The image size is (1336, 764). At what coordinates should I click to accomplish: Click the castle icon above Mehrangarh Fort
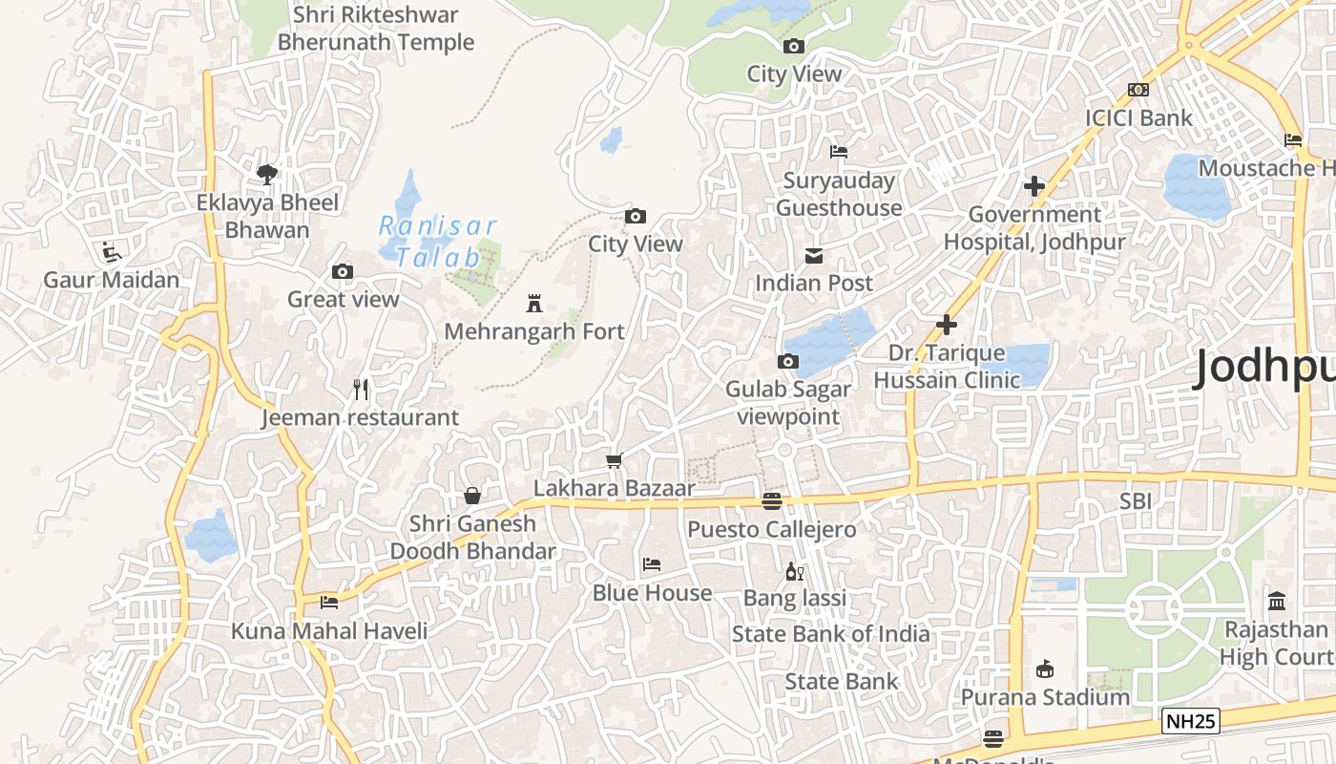point(534,305)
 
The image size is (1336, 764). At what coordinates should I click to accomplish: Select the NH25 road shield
point(1191,721)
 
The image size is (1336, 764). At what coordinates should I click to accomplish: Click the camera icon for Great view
point(343,272)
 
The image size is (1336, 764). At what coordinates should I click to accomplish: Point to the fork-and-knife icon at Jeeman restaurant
point(361,390)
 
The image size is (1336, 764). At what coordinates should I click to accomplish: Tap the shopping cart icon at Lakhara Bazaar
point(615,461)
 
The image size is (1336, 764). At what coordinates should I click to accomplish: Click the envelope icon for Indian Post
point(814,256)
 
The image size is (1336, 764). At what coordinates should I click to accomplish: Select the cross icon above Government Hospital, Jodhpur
point(1034,186)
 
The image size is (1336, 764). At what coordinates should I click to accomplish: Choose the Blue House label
point(652,593)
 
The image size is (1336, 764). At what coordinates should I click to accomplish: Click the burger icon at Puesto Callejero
point(772,501)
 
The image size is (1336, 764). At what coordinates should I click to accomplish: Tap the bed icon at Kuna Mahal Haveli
point(329,602)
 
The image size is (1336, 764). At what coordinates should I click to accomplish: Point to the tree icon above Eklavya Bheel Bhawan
point(267,174)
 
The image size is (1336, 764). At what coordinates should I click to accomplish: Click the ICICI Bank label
point(1138,118)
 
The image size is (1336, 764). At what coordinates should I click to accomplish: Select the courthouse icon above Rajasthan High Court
point(1277,601)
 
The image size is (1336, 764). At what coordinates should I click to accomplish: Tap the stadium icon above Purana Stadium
point(1045,668)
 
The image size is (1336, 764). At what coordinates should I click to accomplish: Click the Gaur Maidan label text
point(112,280)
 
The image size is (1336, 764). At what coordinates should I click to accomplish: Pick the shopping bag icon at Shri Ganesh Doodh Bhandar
point(471,496)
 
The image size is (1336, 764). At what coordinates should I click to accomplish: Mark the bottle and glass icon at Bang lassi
point(794,572)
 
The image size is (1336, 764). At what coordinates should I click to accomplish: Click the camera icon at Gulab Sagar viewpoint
point(788,361)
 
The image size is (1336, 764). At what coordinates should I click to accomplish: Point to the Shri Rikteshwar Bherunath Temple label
point(375,29)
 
